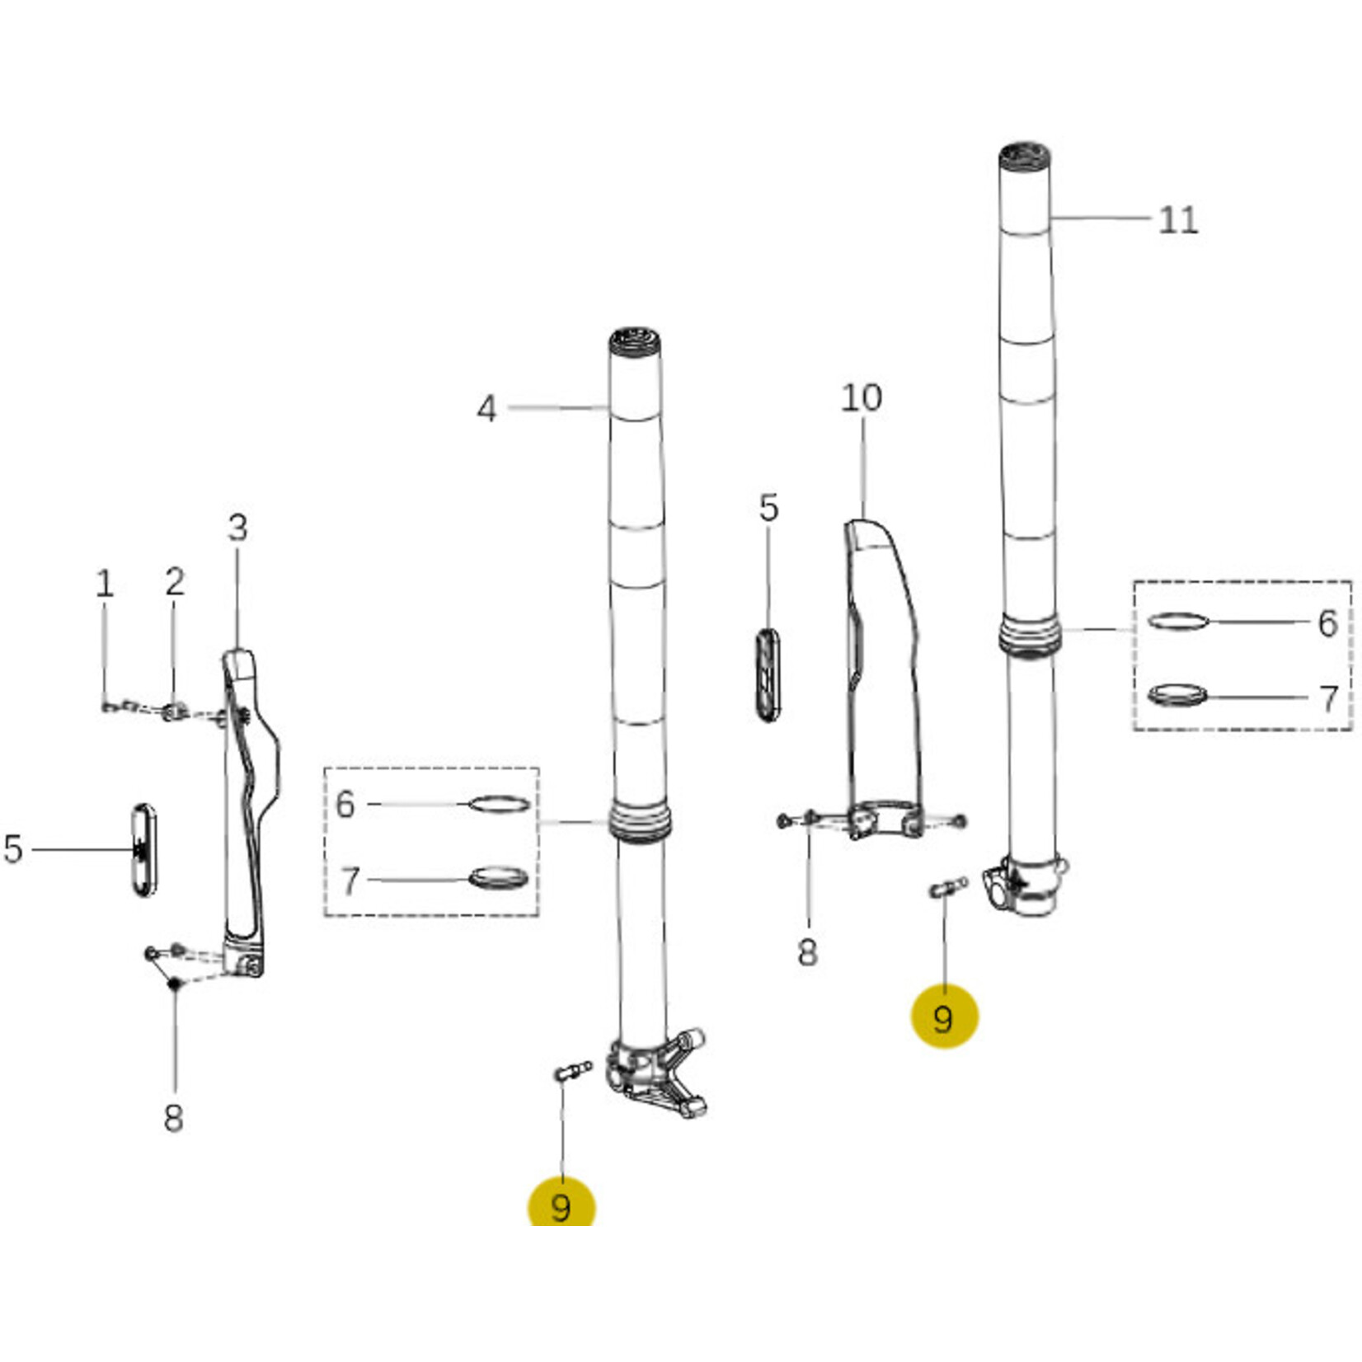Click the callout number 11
(1177, 220)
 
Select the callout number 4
(486, 409)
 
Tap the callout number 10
(862, 398)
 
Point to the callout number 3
(237, 528)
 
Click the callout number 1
(104, 584)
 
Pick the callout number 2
(174, 582)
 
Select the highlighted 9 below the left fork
(561, 1205)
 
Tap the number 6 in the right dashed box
(1327, 623)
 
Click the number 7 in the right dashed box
(1328, 699)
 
